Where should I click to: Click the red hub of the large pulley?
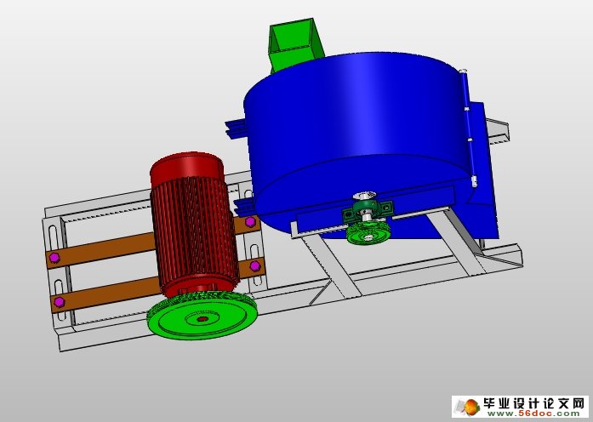202,320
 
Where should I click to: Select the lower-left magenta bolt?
59,301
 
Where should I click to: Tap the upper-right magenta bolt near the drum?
250,223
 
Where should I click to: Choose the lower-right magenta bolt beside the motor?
254,268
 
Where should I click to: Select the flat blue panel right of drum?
485,170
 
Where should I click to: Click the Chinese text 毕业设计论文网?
533,402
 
